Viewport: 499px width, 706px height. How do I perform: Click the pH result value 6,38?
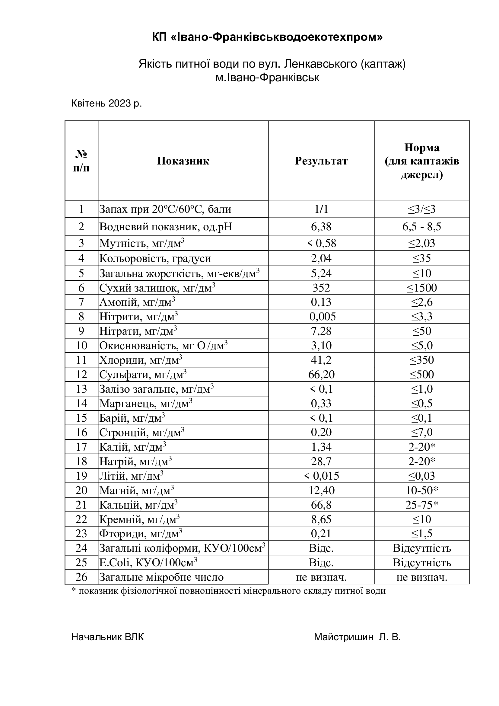tap(321, 227)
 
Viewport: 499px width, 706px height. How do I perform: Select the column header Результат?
tap(321, 161)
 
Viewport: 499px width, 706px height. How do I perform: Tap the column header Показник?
tap(183, 161)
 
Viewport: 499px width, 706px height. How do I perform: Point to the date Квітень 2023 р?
tap(106, 103)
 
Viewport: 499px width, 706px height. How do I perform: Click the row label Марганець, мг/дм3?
tap(146, 404)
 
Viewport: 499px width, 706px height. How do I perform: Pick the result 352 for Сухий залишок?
tap(321, 288)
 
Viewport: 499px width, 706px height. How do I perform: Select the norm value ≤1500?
tap(422, 288)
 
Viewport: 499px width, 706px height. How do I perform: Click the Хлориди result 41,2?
tap(321, 360)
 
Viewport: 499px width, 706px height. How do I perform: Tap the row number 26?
tap(81, 577)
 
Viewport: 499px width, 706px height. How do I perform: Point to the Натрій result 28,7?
tap(321, 461)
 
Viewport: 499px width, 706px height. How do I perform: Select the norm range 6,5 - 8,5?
tap(422, 227)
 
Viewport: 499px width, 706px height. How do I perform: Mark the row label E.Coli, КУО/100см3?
tap(148, 562)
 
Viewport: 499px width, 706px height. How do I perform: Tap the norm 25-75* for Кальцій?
tap(422, 505)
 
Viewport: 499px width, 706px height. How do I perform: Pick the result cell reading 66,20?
tap(321, 375)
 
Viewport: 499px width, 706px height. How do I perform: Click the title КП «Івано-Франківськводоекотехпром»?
tap(267, 37)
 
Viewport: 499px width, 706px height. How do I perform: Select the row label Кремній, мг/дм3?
tap(139, 519)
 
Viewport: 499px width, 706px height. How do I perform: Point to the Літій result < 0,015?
tap(321, 476)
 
